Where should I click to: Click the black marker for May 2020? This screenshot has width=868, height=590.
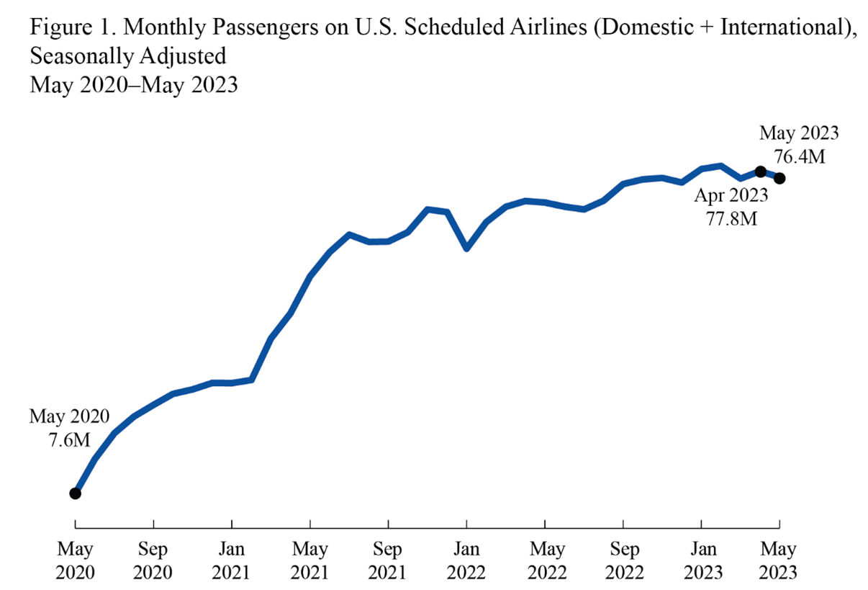click(75, 493)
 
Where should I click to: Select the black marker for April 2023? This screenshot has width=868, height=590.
click(760, 171)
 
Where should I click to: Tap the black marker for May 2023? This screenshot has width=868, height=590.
click(779, 178)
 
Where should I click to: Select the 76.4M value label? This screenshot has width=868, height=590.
click(799, 156)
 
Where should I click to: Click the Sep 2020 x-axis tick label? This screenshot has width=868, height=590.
click(153, 561)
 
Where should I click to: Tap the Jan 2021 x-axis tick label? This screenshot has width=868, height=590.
click(231, 561)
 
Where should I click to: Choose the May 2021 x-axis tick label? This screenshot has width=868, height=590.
click(309, 561)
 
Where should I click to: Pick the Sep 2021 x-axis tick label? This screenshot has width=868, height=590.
click(388, 561)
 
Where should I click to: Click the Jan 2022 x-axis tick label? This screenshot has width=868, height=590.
click(466, 561)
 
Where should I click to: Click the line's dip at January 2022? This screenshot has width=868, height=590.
click(467, 248)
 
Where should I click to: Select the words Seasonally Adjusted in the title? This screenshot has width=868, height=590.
click(127, 57)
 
